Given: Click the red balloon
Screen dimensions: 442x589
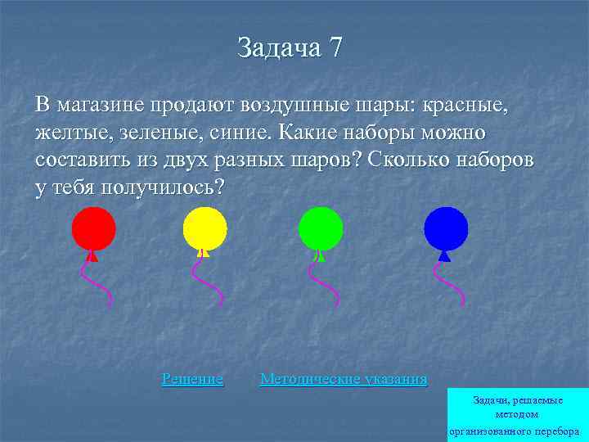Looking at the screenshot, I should coord(93,228).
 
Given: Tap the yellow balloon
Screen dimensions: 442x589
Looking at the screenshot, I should coord(204,228).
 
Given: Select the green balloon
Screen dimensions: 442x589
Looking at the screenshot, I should coord(320,228).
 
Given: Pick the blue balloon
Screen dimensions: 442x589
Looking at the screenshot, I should coord(446,228).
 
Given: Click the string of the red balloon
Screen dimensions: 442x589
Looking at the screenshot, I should coord(96,282).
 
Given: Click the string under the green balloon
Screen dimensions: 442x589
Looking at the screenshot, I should coord(323,282).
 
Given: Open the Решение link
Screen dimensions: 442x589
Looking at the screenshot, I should coord(192,379).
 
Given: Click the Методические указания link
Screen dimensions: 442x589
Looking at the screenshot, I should coord(343,379).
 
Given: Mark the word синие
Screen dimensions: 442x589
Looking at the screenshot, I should coord(243,133).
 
